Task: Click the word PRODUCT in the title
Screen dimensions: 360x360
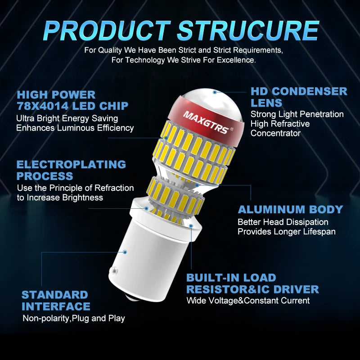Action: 107,31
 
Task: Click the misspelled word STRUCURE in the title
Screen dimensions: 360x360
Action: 248,31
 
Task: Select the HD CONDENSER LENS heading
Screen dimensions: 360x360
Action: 299,97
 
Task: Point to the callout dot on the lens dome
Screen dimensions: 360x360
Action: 215,92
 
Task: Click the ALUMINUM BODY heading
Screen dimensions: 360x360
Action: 290,210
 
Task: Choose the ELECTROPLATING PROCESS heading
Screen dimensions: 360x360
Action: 71,171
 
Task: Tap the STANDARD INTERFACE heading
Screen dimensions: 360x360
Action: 56,301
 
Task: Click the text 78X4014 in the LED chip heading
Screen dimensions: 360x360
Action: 42,106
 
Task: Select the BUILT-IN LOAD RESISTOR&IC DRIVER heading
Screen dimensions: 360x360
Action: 252,283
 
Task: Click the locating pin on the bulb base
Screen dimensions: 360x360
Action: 114,270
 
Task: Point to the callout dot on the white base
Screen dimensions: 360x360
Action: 125,252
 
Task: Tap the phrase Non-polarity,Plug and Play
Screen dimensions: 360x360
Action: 74,319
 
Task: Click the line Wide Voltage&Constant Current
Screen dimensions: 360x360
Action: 248,301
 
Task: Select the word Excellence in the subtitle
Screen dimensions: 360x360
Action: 236,60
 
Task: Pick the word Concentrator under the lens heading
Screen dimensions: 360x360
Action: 275,133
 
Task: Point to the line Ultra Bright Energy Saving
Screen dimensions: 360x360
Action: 67,118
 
